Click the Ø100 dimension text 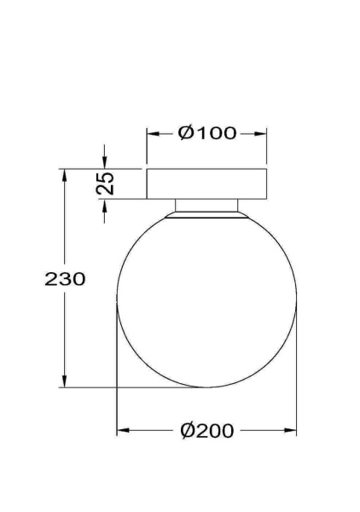207,133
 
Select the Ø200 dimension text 207,431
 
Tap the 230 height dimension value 65,279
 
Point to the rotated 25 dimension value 106,183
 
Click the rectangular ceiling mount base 207,183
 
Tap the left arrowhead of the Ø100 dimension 152,133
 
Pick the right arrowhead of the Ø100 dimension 263,133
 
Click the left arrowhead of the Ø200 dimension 121,431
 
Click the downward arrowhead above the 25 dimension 105,163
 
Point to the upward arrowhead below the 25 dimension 105,206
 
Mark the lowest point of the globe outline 207,387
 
